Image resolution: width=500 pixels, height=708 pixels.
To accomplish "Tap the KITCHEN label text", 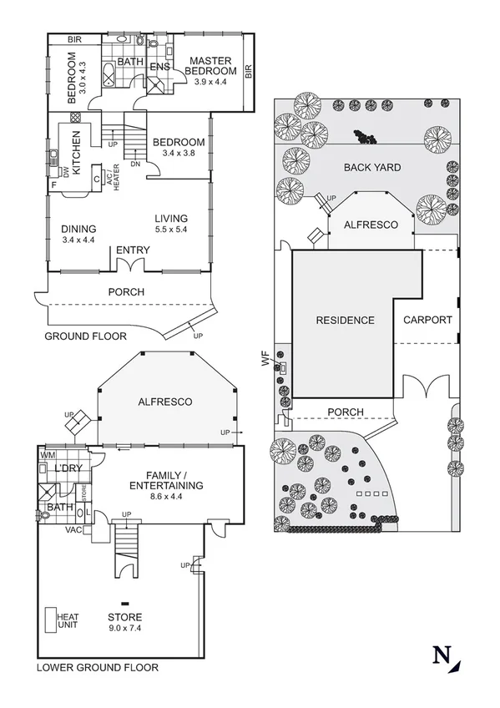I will [76, 153].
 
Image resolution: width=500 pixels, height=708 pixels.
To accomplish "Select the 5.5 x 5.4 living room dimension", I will [172, 229].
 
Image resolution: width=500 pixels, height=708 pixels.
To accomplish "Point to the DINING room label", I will [79, 229].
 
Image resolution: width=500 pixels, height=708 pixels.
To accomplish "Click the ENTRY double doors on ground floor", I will [134, 265].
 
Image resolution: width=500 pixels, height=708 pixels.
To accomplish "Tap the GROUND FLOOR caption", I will [86, 336].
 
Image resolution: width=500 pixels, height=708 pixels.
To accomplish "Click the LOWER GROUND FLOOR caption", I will [97, 668].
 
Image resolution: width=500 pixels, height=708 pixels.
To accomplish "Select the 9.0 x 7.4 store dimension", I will [124, 629].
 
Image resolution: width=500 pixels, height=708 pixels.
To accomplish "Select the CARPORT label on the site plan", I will [427, 320].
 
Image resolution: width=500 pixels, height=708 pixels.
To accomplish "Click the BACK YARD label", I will [372, 168].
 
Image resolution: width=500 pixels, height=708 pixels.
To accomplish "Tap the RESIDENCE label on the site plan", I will [345, 320].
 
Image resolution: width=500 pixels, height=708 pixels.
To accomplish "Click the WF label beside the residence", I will [266, 360].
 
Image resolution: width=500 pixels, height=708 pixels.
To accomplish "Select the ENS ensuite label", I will [159, 66].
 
